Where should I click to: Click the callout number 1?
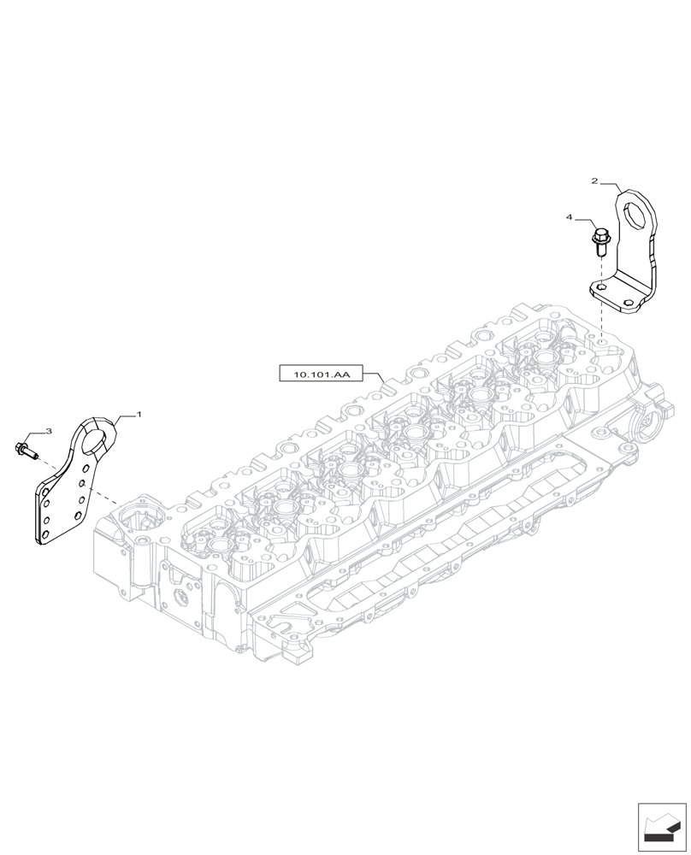pyautogui.click(x=139, y=414)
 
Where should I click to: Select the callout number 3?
pyautogui.click(x=49, y=433)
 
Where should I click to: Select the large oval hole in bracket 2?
pyautogui.click(x=636, y=214)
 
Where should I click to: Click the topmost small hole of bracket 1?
pyautogui.click(x=84, y=466)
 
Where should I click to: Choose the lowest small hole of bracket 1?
pyautogui.click(x=46, y=532)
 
